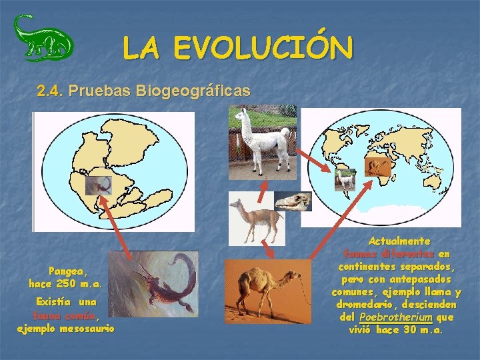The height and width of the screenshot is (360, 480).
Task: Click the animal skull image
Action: [294, 201]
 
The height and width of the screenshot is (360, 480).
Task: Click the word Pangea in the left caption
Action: [67, 271]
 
